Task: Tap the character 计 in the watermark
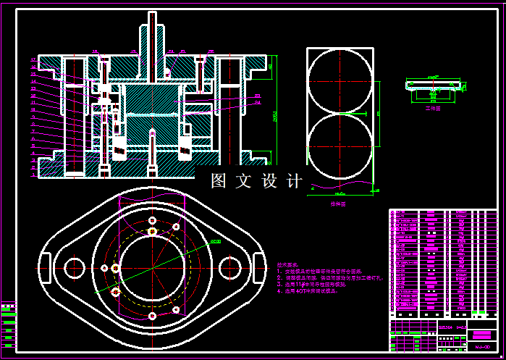click(x=295, y=181)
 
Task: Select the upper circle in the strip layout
click(x=340, y=80)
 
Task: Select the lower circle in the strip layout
click(x=340, y=148)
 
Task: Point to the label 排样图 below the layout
click(x=337, y=205)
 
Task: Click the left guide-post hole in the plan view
click(x=75, y=267)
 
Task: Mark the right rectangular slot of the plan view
click(x=258, y=261)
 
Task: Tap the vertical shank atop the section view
click(x=152, y=33)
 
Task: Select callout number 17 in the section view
click(x=33, y=59)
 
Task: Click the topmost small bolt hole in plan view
click(x=152, y=219)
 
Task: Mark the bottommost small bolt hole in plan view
click(x=152, y=317)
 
